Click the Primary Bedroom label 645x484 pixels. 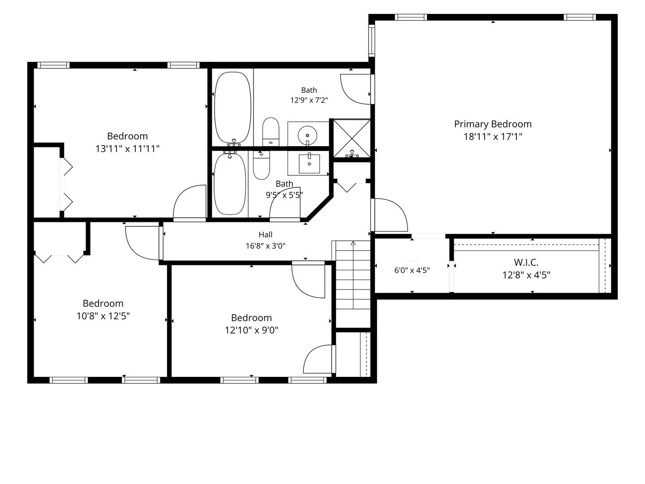493,124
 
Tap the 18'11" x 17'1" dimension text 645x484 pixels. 493,137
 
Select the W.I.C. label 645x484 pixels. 526,262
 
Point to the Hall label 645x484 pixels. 265,234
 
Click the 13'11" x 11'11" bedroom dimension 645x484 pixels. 127,149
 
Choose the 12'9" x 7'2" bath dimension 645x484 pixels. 309,100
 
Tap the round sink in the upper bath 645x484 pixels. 307,135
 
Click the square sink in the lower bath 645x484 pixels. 309,164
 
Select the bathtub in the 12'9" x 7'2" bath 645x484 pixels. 233,108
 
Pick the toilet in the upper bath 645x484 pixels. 271,132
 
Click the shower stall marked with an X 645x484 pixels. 352,138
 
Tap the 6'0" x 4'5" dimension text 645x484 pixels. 412,270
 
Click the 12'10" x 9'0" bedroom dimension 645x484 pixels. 252,330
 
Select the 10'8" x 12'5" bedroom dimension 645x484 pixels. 103,316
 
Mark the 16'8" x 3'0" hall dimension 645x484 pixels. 265,246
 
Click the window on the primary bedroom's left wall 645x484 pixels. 372,40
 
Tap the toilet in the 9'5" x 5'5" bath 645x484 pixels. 261,165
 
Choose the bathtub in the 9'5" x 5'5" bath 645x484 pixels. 230,183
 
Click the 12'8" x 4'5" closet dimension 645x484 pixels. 526,275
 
